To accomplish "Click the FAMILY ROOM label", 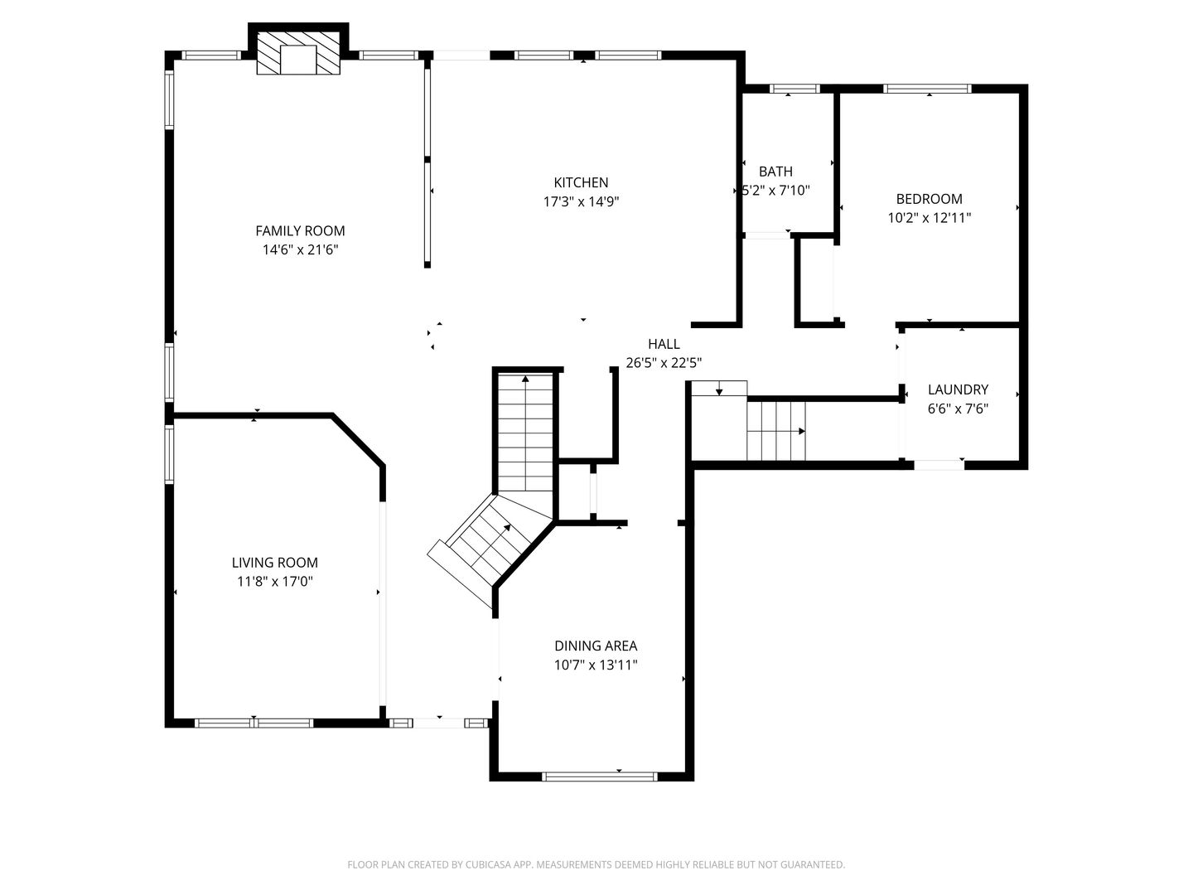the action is (300, 231).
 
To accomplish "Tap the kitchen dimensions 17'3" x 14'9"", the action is (581, 201).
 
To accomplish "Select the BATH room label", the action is (775, 172).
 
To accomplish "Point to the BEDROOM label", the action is (930, 199).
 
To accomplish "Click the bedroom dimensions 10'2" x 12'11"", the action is (930, 218).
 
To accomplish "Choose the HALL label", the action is (664, 344).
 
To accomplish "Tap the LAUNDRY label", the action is (958, 389).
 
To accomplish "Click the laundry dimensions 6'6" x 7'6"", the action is (958, 409).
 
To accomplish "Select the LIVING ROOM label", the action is (275, 563).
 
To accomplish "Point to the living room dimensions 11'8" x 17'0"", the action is (275, 582).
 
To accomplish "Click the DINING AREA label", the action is (596, 646).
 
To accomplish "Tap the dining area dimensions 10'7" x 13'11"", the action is (596, 665).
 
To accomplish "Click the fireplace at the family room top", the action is (298, 53).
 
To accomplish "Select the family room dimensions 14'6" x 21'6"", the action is (301, 250).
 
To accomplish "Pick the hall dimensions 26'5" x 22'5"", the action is (664, 363).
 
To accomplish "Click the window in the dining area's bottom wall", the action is (600, 776).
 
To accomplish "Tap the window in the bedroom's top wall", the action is (927, 89).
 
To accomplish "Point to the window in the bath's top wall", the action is (795, 89).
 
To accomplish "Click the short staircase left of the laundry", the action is (776, 431).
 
